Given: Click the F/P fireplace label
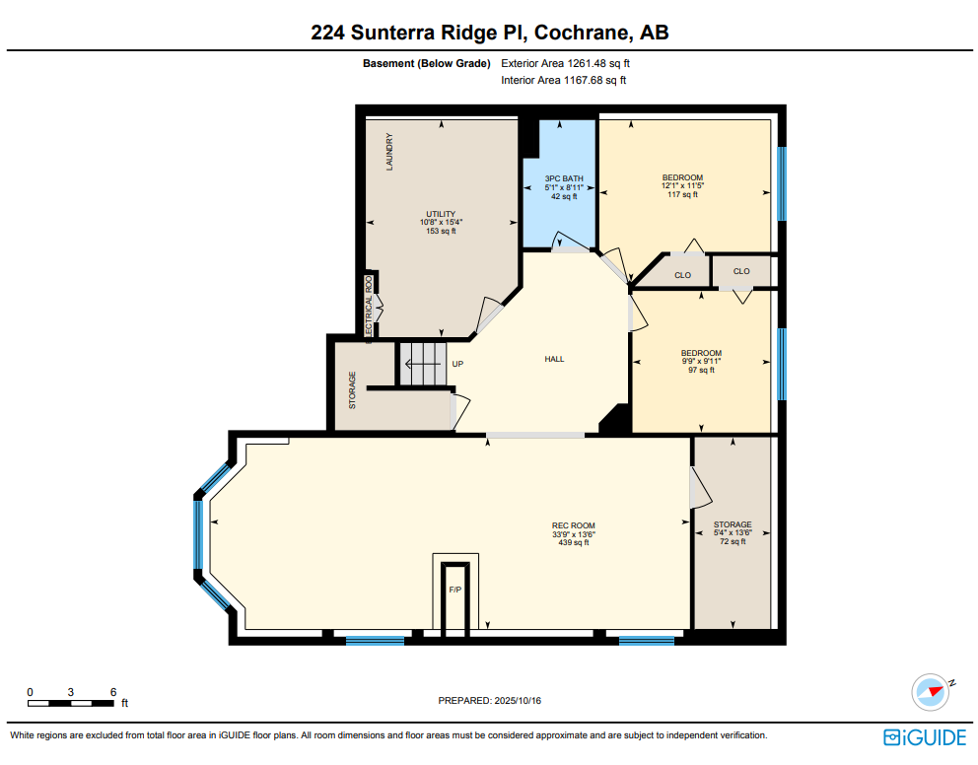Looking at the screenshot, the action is (x=455, y=590).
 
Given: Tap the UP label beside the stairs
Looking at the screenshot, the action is (x=457, y=364).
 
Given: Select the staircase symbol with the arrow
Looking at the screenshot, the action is (x=423, y=364).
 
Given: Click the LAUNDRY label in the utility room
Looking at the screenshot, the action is (x=389, y=152).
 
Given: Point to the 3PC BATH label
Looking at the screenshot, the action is (x=564, y=178).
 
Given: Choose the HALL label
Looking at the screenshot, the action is (x=554, y=359).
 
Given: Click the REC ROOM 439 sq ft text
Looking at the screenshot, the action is (x=573, y=534).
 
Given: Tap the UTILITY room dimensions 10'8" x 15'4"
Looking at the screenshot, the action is (x=441, y=223).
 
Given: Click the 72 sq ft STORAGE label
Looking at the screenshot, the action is (x=733, y=533).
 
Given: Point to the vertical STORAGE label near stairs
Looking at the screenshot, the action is (x=352, y=390).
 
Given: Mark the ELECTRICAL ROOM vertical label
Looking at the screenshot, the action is (x=369, y=310).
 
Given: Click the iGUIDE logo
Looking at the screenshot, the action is (x=925, y=737).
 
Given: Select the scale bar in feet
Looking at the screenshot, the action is (x=70, y=703).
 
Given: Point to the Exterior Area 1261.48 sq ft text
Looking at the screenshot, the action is (x=565, y=64).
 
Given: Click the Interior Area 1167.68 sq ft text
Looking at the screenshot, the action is (x=563, y=81).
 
